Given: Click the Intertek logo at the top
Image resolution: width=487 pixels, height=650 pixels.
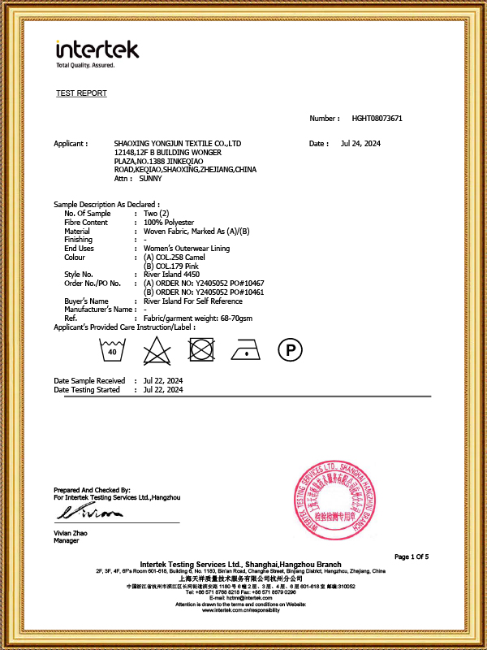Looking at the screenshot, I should pyautogui.click(x=97, y=51).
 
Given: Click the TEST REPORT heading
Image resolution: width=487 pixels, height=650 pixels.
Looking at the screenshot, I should pyautogui.click(x=81, y=93).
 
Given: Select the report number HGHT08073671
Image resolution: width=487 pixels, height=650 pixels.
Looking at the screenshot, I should pyautogui.click(x=377, y=119).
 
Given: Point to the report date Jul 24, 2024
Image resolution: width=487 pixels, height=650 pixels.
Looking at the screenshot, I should pyautogui.click(x=361, y=144).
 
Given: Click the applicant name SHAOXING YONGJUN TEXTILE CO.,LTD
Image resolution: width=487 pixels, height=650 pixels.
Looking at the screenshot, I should pyautogui.click(x=178, y=144).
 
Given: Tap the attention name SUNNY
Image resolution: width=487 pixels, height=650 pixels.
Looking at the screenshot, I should pyautogui.click(x=151, y=178).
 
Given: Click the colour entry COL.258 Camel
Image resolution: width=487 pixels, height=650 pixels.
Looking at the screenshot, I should pyautogui.click(x=175, y=257).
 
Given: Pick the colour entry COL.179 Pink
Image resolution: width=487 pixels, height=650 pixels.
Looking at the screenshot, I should pyautogui.click(x=172, y=266).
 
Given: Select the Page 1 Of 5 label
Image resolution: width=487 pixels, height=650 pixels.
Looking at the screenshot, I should pyautogui.click(x=412, y=557).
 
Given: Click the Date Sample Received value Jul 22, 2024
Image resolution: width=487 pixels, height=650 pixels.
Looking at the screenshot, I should pyautogui.click(x=163, y=380).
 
